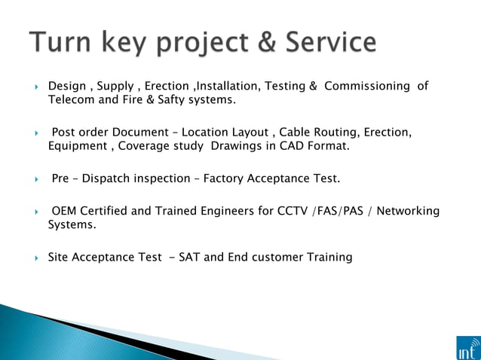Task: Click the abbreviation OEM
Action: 65,211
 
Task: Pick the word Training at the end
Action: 329,258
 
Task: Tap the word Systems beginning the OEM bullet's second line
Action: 72,224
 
